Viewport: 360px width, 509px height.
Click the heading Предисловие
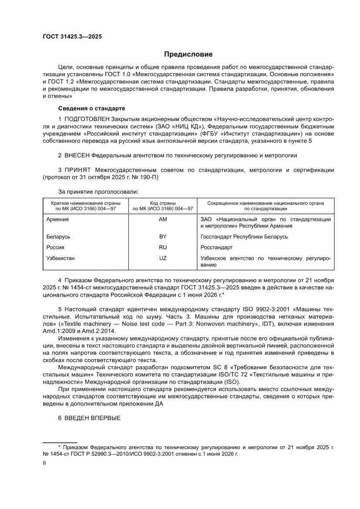point(188,54)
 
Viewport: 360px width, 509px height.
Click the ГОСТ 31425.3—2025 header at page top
point(72,37)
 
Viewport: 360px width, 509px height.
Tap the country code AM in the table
point(163,219)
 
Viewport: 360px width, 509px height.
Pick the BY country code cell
point(163,237)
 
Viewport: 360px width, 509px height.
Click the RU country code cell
point(163,247)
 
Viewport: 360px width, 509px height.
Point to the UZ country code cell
point(163,258)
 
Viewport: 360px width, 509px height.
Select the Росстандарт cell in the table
point(216,247)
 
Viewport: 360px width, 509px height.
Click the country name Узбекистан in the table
point(61,258)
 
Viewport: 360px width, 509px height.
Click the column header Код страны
point(163,203)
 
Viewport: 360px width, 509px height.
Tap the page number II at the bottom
point(44,464)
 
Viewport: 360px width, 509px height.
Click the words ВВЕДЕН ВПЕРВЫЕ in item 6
point(92,418)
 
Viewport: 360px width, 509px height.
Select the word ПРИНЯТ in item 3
point(78,169)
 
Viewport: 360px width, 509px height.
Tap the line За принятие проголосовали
point(98,191)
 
